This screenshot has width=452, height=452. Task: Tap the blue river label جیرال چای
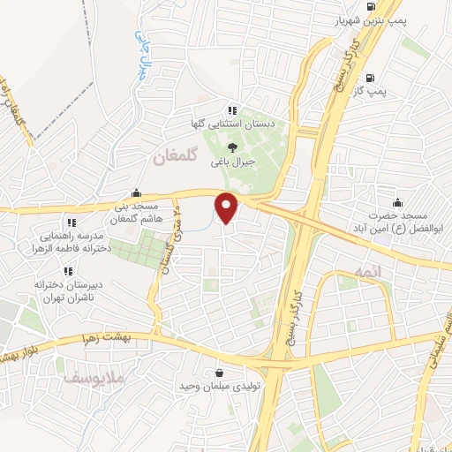point(143,55)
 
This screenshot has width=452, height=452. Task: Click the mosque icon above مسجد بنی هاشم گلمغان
point(136,193)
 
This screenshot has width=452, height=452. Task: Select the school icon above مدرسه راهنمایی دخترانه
point(71,222)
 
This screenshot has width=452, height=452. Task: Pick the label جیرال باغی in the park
point(233,162)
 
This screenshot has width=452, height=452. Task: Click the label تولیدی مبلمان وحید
point(217,387)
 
